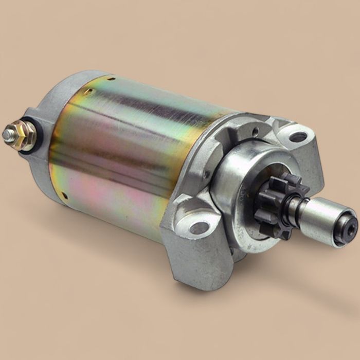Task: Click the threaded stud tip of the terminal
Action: click(8, 135)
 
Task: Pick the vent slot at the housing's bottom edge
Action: click(65, 195)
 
